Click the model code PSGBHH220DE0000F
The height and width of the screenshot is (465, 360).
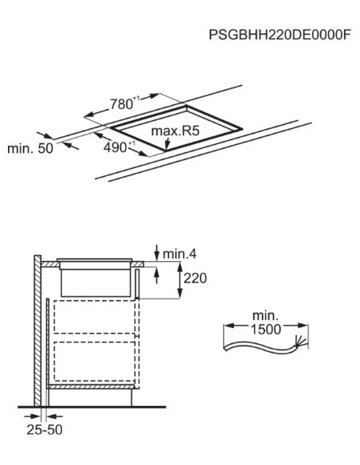tap(280, 35)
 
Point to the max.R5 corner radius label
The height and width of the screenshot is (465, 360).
tap(175, 131)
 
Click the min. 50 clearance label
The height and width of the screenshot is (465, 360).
tap(30, 148)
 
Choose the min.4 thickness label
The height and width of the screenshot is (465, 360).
tap(180, 254)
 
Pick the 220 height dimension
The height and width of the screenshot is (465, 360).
tap(195, 279)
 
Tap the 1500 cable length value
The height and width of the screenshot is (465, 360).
tap(266, 330)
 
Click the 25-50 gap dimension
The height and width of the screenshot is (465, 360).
tap(45, 430)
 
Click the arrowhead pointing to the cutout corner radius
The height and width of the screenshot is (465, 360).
tap(167, 146)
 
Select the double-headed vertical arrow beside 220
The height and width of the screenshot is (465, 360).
tap(180, 280)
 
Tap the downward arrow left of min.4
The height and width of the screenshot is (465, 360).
tap(157, 252)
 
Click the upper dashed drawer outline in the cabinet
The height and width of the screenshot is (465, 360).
tap(95, 317)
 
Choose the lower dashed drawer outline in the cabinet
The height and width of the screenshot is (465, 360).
tap(95, 361)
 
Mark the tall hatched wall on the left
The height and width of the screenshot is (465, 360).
tap(37, 330)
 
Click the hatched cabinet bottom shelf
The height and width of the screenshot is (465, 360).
tap(91, 386)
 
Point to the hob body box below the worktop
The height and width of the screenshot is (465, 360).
tap(96, 283)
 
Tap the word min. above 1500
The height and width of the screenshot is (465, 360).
tap(265, 316)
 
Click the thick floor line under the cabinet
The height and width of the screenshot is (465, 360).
tap(92, 407)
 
